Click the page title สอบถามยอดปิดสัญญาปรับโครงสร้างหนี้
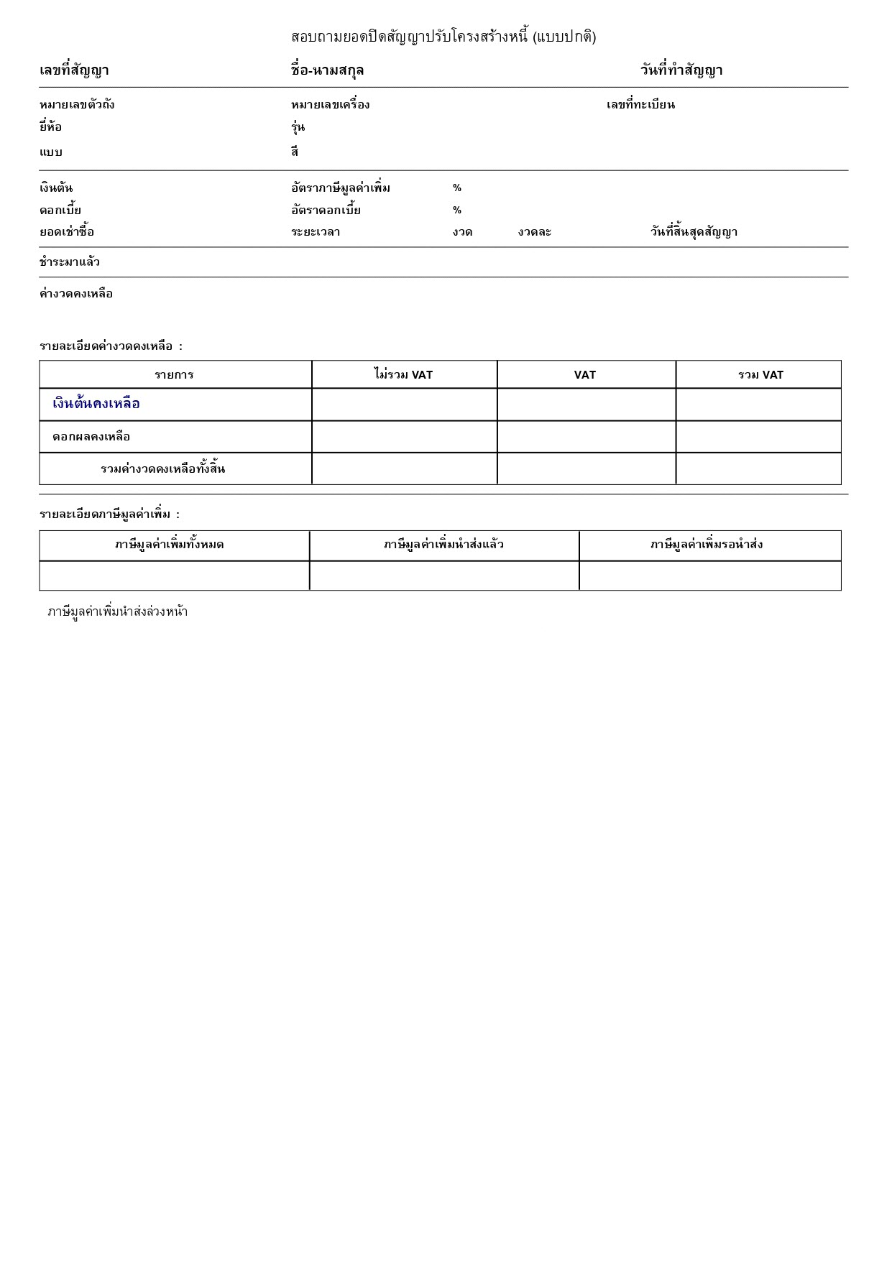(443, 37)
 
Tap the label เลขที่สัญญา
(74, 70)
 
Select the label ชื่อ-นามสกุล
(327, 70)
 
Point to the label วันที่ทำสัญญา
(681, 70)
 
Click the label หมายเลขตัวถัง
(77, 105)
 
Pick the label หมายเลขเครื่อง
(330, 105)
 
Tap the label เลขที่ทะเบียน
(640, 105)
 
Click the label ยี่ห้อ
(50, 127)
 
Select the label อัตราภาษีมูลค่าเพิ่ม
(341, 188)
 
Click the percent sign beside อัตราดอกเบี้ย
(457, 211)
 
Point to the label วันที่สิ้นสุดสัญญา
(694, 232)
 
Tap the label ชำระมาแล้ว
(70, 262)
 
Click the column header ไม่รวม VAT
(403, 375)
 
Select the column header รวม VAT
(760, 375)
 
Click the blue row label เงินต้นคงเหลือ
(96, 404)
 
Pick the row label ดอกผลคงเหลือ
(91, 437)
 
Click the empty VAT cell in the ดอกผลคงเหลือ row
(586, 437)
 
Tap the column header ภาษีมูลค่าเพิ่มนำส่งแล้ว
(443, 545)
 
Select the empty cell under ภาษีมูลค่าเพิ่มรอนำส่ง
(709, 576)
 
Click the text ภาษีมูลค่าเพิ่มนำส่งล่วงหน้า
(118, 612)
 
